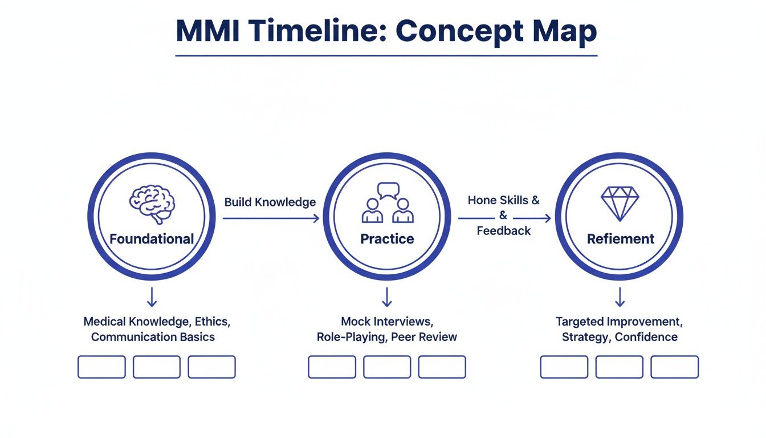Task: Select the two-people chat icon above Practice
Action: (x=388, y=203)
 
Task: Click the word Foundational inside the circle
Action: (x=152, y=239)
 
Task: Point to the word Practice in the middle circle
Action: (x=387, y=239)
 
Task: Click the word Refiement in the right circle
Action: (x=621, y=239)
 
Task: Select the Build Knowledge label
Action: (x=270, y=202)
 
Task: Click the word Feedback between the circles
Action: (x=503, y=231)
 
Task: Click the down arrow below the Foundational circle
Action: (x=152, y=297)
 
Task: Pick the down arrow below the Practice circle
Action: (x=387, y=297)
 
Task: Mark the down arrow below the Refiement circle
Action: (x=620, y=297)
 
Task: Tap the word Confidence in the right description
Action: (x=646, y=336)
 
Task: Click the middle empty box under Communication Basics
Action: (x=156, y=367)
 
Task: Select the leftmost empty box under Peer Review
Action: (x=332, y=367)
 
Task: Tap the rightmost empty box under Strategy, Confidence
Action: (x=674, y=367)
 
